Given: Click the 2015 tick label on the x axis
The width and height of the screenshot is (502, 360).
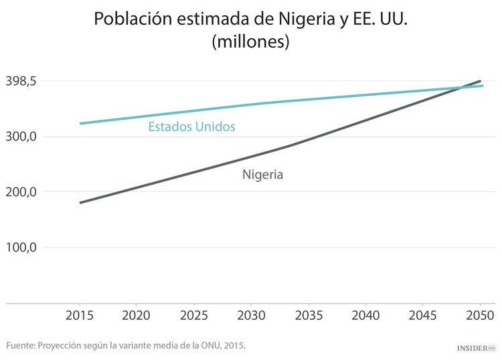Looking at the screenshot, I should click(x=80, y=314).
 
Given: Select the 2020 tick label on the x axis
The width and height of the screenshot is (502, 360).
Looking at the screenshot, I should click(x=137, y=314).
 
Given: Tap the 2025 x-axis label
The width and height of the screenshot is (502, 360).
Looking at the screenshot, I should click(x=194, y=314).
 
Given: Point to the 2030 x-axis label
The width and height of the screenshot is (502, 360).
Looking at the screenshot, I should click(x=251, y=314).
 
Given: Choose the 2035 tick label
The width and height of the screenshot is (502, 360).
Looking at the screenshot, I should click(x=309, y=314).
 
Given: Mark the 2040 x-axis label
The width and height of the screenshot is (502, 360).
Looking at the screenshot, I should click(x=365, y=314).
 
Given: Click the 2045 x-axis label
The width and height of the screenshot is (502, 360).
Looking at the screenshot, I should click(x=423, y=314).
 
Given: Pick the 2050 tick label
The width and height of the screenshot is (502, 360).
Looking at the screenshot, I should click(x=480, y=314).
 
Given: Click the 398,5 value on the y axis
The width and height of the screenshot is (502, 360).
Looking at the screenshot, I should click(x=23, y=82).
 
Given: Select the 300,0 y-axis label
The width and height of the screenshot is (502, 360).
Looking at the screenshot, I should click(x=23, y=137).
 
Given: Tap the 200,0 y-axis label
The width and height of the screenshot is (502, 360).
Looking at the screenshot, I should click(x=23, y=192).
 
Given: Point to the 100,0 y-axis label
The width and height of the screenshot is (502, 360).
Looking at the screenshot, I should click(x=23, y=248).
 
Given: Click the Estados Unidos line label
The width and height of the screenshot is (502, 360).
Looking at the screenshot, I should click(x=191, y=126).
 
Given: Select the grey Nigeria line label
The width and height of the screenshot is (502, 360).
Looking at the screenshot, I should click(x=262, y=175).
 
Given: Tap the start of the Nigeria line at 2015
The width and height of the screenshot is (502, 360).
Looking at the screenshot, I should click(x=80, y=202).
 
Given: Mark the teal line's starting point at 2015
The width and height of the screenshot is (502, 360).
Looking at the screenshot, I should click(x=80, y=123).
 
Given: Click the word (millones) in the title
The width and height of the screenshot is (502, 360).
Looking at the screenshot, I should click(x=250, y=41).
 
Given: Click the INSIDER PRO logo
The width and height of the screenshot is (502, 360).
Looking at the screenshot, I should click(x=475, y=348).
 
